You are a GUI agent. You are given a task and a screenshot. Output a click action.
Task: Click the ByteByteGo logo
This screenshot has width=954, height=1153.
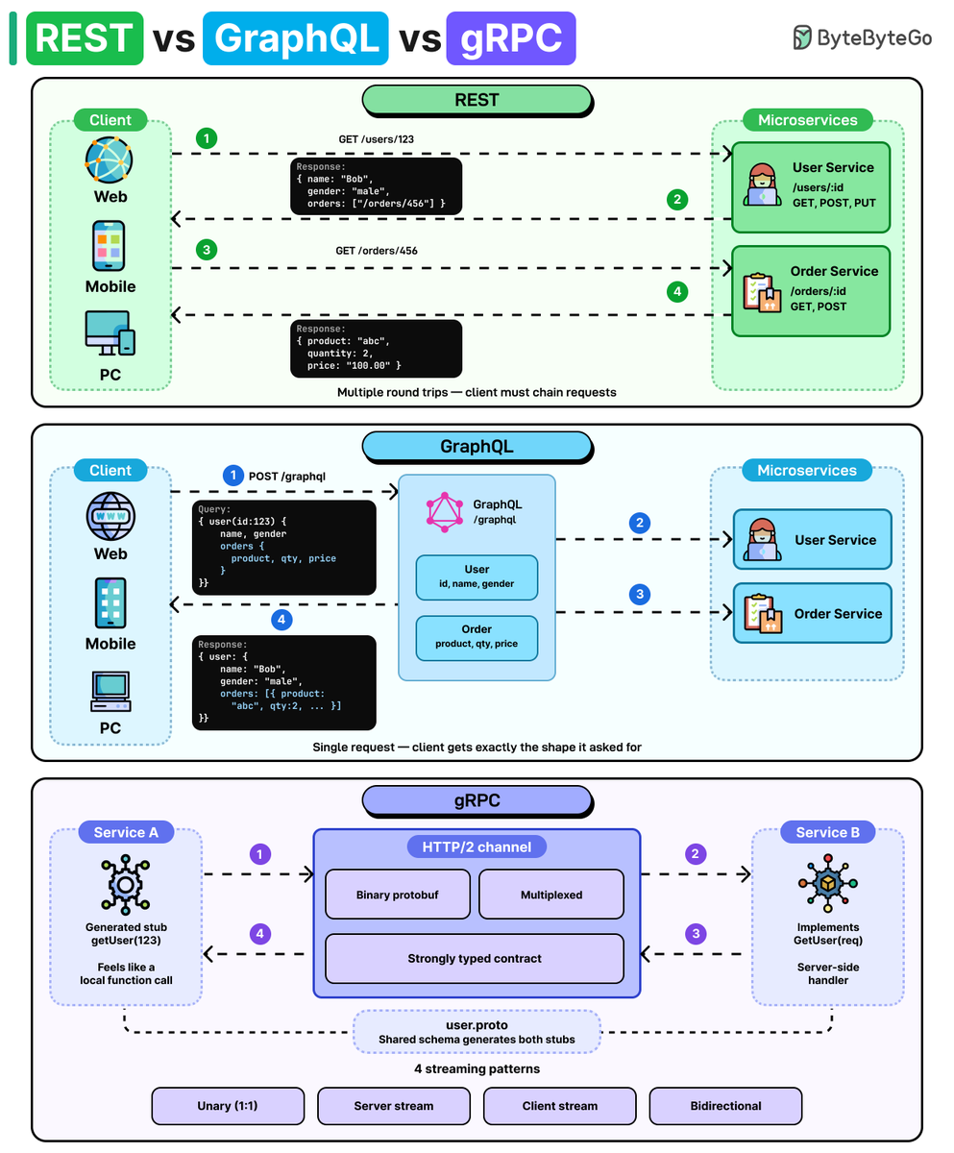pos(862,37)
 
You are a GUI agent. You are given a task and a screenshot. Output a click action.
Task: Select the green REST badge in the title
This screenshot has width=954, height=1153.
pos(85,38)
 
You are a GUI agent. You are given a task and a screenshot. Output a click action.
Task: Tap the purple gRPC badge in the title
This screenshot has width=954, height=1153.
pos(511,38)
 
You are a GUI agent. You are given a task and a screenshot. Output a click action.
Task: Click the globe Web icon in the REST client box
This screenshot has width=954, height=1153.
pos(109,159)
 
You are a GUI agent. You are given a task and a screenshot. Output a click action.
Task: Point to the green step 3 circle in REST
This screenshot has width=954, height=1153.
pos(207,250)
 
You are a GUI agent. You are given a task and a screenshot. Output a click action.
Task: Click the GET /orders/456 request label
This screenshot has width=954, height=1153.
pos(377,251)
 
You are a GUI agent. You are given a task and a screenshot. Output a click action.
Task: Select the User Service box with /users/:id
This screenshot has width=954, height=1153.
pos(811,187)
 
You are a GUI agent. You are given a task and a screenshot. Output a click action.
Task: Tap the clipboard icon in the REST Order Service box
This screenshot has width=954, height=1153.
pos(762,293)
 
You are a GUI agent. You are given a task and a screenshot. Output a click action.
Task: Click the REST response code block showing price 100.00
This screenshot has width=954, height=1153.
pos(376,349)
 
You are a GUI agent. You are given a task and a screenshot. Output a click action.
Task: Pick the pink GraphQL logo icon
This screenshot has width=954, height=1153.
pos(445,512)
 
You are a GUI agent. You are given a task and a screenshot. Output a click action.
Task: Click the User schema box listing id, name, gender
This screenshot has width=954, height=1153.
pos(477,577)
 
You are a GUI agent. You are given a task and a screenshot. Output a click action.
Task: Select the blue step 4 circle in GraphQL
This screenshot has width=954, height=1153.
pos(281,619)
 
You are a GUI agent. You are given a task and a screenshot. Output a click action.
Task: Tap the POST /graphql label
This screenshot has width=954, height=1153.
pos(287,476)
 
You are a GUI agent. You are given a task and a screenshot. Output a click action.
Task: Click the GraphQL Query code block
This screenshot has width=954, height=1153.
pos(283,548)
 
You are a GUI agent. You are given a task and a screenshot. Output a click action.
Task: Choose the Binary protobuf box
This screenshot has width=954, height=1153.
pos(398,894)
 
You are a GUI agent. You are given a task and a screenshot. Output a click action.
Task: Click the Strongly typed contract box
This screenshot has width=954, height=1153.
pos(475,958)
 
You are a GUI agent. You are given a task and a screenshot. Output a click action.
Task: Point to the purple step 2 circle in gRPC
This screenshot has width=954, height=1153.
pos(695,854)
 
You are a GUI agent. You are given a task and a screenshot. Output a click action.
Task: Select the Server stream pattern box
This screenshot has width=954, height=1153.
pos(394,1106)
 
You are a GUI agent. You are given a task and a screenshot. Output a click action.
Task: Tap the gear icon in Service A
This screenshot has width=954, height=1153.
pos(125,885)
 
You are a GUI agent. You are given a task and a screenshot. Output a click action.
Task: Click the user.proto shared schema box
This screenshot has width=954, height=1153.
pos(477,1032)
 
